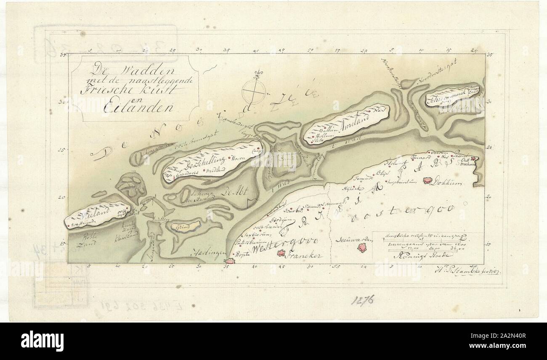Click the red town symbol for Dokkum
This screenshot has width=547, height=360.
(428, 180)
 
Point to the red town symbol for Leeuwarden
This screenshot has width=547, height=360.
(361, 248)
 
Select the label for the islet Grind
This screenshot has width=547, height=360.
(182, 227)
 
